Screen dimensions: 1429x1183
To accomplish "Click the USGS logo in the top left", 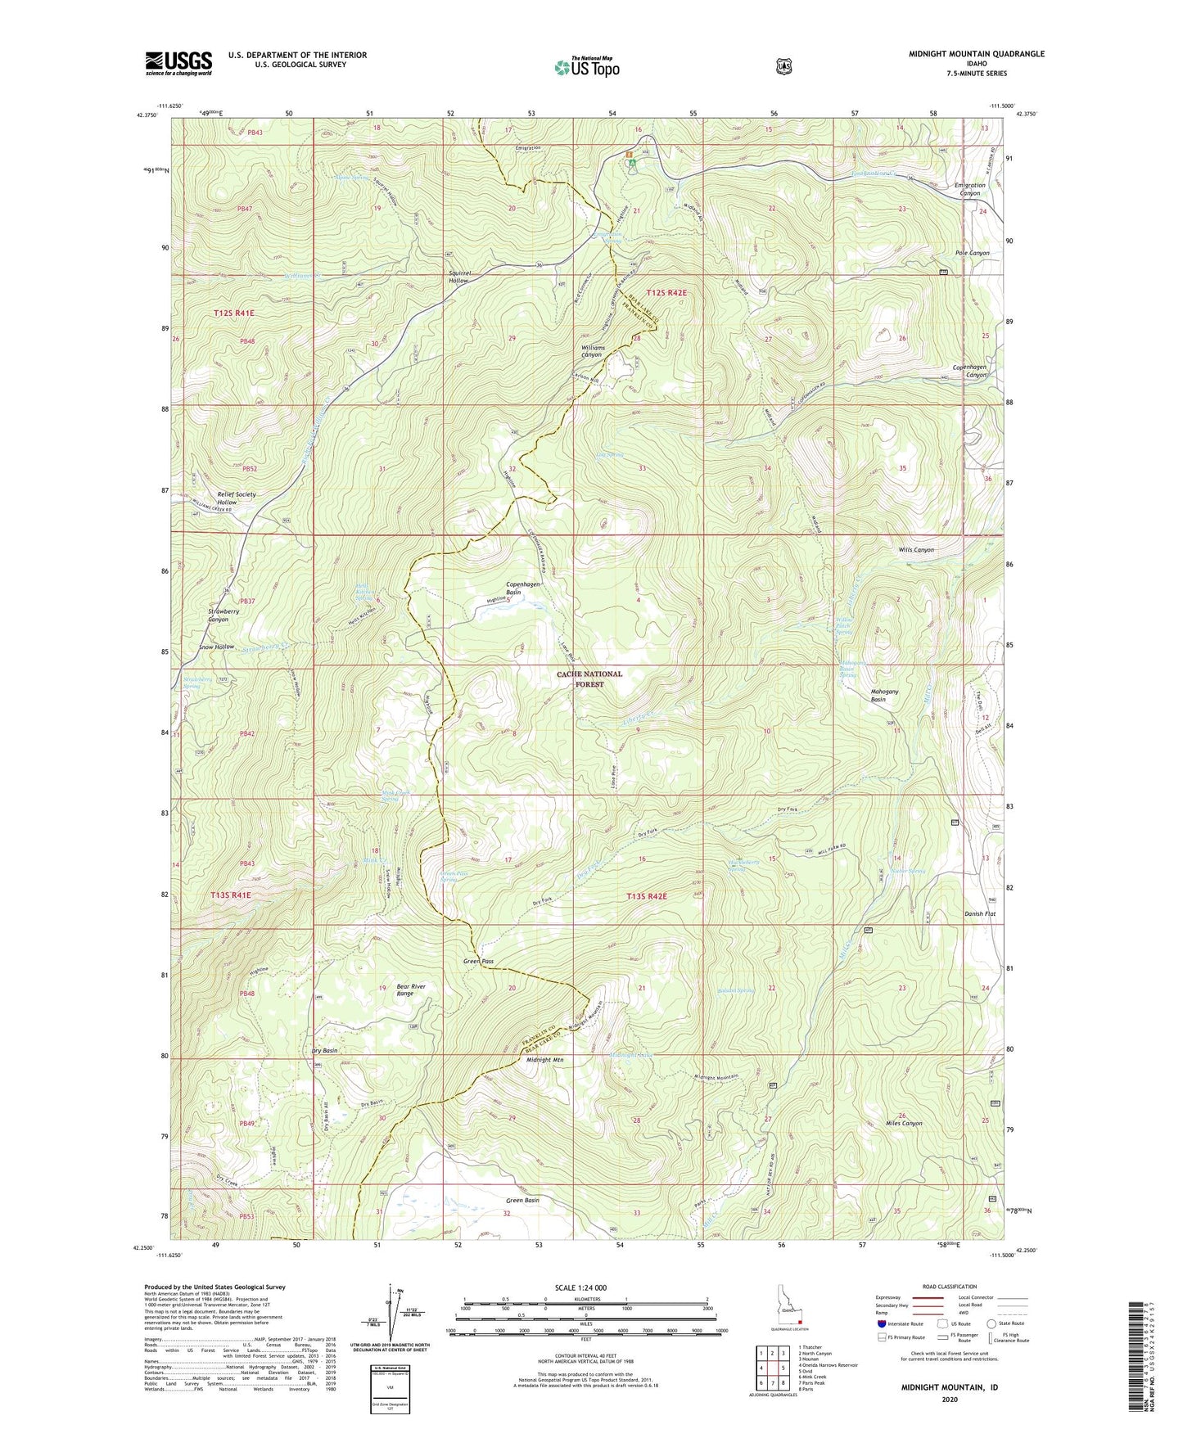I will [178, 62].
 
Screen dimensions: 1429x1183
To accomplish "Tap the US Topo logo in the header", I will [586, 67].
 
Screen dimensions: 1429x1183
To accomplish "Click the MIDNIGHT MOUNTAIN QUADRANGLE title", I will [976, 54].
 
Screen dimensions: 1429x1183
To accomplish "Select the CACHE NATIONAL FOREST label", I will [589, 678].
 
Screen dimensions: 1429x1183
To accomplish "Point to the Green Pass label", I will [478, 961].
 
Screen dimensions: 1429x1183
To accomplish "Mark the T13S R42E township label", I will [647, 896].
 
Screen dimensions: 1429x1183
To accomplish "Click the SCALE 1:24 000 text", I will [580, 1287].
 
